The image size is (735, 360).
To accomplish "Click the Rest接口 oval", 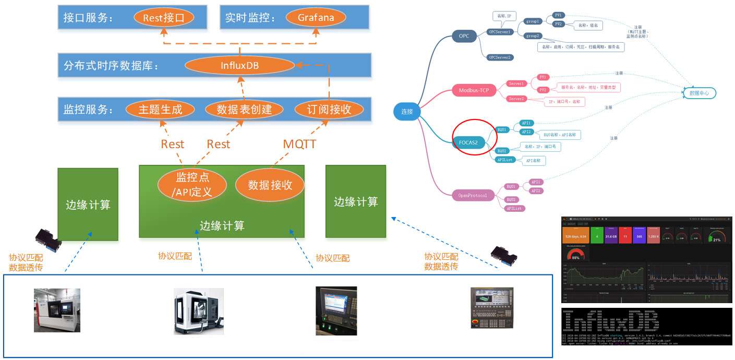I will point(164,18).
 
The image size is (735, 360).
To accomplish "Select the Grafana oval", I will point(316,18).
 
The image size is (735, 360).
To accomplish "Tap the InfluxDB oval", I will point(239,66).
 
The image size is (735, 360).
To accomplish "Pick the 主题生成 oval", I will point(160,110).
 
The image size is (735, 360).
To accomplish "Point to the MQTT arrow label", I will point(299,144).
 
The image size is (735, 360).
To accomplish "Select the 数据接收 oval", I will point(270,185).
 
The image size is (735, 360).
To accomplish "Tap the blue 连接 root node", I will point(407,112).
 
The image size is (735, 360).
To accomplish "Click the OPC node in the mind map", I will point(464,36).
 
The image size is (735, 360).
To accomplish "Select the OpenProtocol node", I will point(472,196).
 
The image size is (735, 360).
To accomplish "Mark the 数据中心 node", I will point(699,93).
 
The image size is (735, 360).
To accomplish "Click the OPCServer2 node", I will point(499,57).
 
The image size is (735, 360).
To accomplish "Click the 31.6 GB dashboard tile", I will point(611,236).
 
